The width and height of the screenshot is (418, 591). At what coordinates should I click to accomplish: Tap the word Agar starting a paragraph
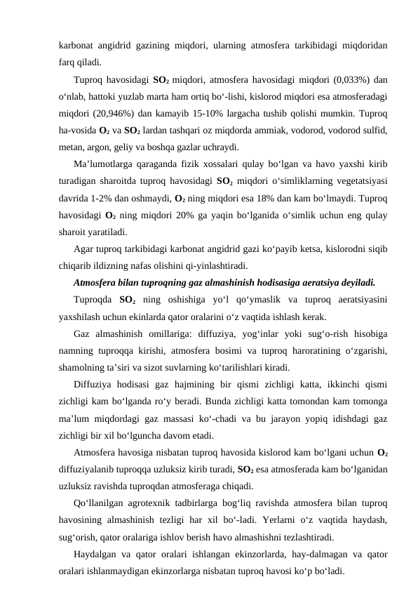[83, 249]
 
